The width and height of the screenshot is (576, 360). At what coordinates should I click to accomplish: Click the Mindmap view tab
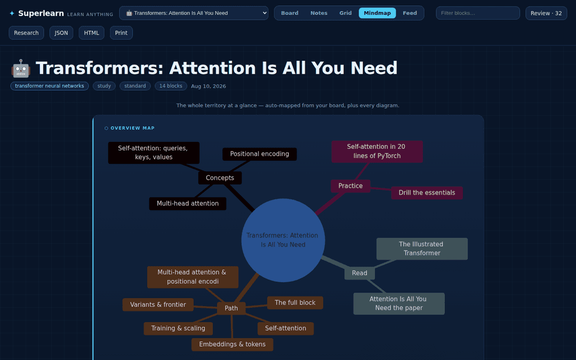click(x=377, y=13)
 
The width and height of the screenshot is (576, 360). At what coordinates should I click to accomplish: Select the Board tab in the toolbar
click(x=290, y=13)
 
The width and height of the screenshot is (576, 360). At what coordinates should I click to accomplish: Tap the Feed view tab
click(x=410, y=13)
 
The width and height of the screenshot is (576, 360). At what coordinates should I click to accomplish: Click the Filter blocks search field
click(x=477, y=13)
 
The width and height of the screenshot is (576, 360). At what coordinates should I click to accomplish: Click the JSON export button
click(x=61, y=33)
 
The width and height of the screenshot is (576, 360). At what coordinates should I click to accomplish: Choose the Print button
click(x=121, y=33)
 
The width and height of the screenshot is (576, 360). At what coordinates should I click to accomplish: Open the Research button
click(x=26, y=33)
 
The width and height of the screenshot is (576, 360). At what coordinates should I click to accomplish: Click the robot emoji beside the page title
click(x=21, y=68)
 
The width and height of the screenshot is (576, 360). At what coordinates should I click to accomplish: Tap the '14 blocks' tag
click(x=171, y=86)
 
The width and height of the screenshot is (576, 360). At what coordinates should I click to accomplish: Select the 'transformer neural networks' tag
click(x=50, y=86)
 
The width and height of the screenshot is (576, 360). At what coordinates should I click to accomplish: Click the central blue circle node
click(x=283, y=240)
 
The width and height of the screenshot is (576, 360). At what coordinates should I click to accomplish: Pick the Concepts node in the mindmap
click(x=220, y=178)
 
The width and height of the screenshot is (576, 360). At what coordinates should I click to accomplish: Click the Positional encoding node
click(x=260, y=154)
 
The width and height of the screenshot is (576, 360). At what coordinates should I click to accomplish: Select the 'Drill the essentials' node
click(x=427, y=193)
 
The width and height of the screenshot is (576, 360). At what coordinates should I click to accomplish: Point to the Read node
click(x=359, y=273)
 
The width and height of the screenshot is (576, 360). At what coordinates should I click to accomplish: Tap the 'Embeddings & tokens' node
click(x=232, y=344)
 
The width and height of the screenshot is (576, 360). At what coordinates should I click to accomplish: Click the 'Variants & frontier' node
click(x=158, y=305)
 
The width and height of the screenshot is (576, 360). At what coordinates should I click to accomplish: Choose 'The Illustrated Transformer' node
click(x=422, y=249)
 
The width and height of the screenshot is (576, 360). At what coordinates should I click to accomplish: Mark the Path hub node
click(x=231, y=308)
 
